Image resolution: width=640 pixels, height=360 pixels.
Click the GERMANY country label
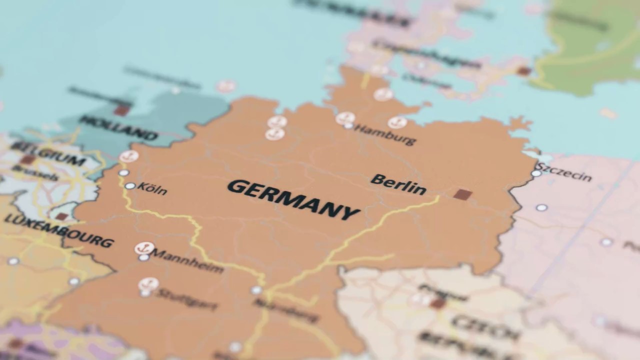293,199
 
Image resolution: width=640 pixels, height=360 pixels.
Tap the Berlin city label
398,184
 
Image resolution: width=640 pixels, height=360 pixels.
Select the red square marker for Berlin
462,194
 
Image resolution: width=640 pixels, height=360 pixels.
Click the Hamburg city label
385,134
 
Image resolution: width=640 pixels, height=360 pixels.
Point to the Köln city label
151,189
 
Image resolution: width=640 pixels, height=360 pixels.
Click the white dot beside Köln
130,186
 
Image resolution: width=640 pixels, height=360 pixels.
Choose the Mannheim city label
187,261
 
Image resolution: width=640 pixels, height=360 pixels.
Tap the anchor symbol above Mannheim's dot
144,248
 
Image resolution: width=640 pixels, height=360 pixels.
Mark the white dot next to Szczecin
536,173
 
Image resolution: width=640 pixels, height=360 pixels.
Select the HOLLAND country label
118,127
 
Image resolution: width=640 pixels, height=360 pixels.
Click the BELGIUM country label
48,153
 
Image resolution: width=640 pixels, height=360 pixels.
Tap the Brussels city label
35,172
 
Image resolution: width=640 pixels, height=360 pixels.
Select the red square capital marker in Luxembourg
61,216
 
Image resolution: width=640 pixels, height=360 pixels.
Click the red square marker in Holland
121,110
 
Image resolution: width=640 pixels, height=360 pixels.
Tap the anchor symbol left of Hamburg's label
345,118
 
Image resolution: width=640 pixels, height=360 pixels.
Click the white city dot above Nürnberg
256,290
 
